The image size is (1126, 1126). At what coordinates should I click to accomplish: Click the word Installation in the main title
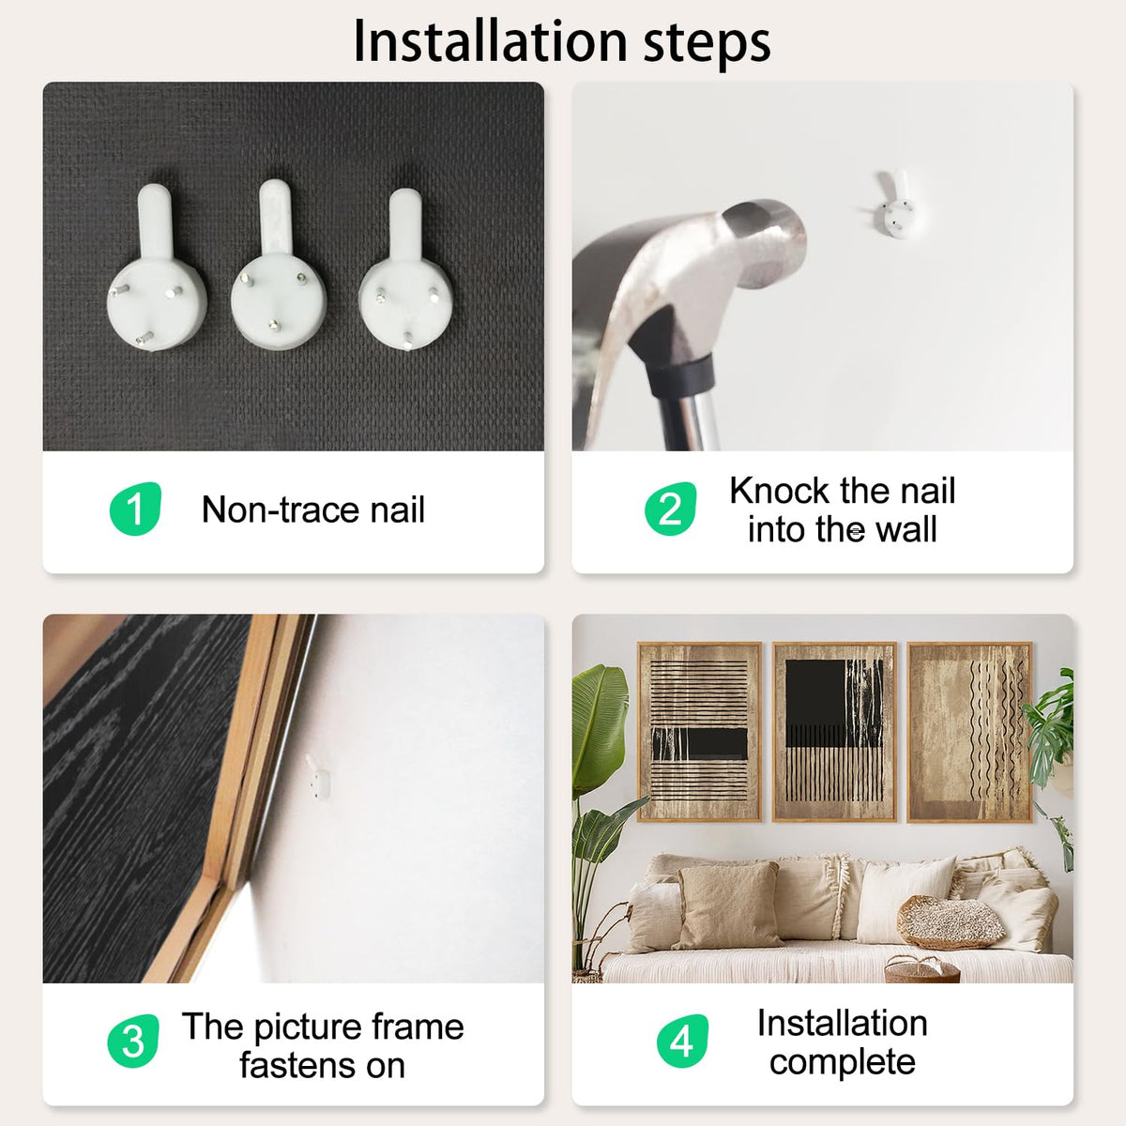click(490, 42)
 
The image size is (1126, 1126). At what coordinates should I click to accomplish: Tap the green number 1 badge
click(135, 509)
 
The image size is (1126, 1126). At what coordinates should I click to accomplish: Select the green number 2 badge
click(671, 509)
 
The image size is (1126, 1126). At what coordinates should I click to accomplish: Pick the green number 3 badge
click(133, 1041)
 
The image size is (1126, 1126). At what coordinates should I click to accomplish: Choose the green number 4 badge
click(682, 1041)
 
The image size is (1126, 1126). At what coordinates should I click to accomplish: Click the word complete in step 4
click(842, 1062)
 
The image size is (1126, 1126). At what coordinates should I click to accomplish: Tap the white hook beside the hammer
click(894, 205)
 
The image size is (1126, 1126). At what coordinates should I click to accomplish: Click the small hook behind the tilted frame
click(318, 777)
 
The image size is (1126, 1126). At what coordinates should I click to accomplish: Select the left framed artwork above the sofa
click(699, 732)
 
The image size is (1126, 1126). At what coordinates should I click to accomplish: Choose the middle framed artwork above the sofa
click(834, 732)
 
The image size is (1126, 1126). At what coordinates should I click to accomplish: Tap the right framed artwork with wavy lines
click(969, 732)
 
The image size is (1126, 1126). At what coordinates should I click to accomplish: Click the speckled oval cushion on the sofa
click(951, 921)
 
